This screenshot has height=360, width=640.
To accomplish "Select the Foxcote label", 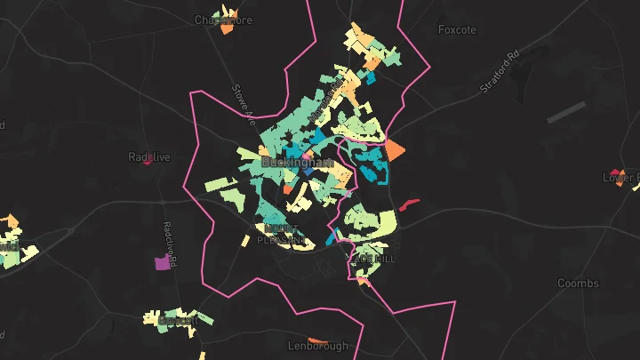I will pyautogui.click(x=457, y=29).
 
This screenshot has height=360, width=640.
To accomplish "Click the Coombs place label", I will pyautogui.click(x=578, y=284).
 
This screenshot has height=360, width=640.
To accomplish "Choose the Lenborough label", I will pyautogui.click(x=318, y=345).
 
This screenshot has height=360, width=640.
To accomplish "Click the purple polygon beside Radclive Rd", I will pyautogui.click(x=162, y=263).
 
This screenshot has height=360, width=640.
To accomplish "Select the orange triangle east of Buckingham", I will pyautogui.click(x=394, y=148).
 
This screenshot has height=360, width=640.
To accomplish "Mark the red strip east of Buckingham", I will pyautogui.click(x=409, y=204).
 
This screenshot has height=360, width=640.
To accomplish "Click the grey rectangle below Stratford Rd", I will pyautogui.click(x=566, y=113).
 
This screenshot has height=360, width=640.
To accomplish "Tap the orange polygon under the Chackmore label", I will pyautogui.click(x=227, y=28).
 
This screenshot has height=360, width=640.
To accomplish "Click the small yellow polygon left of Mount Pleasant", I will pyautogui.click(x=244, y=240).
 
